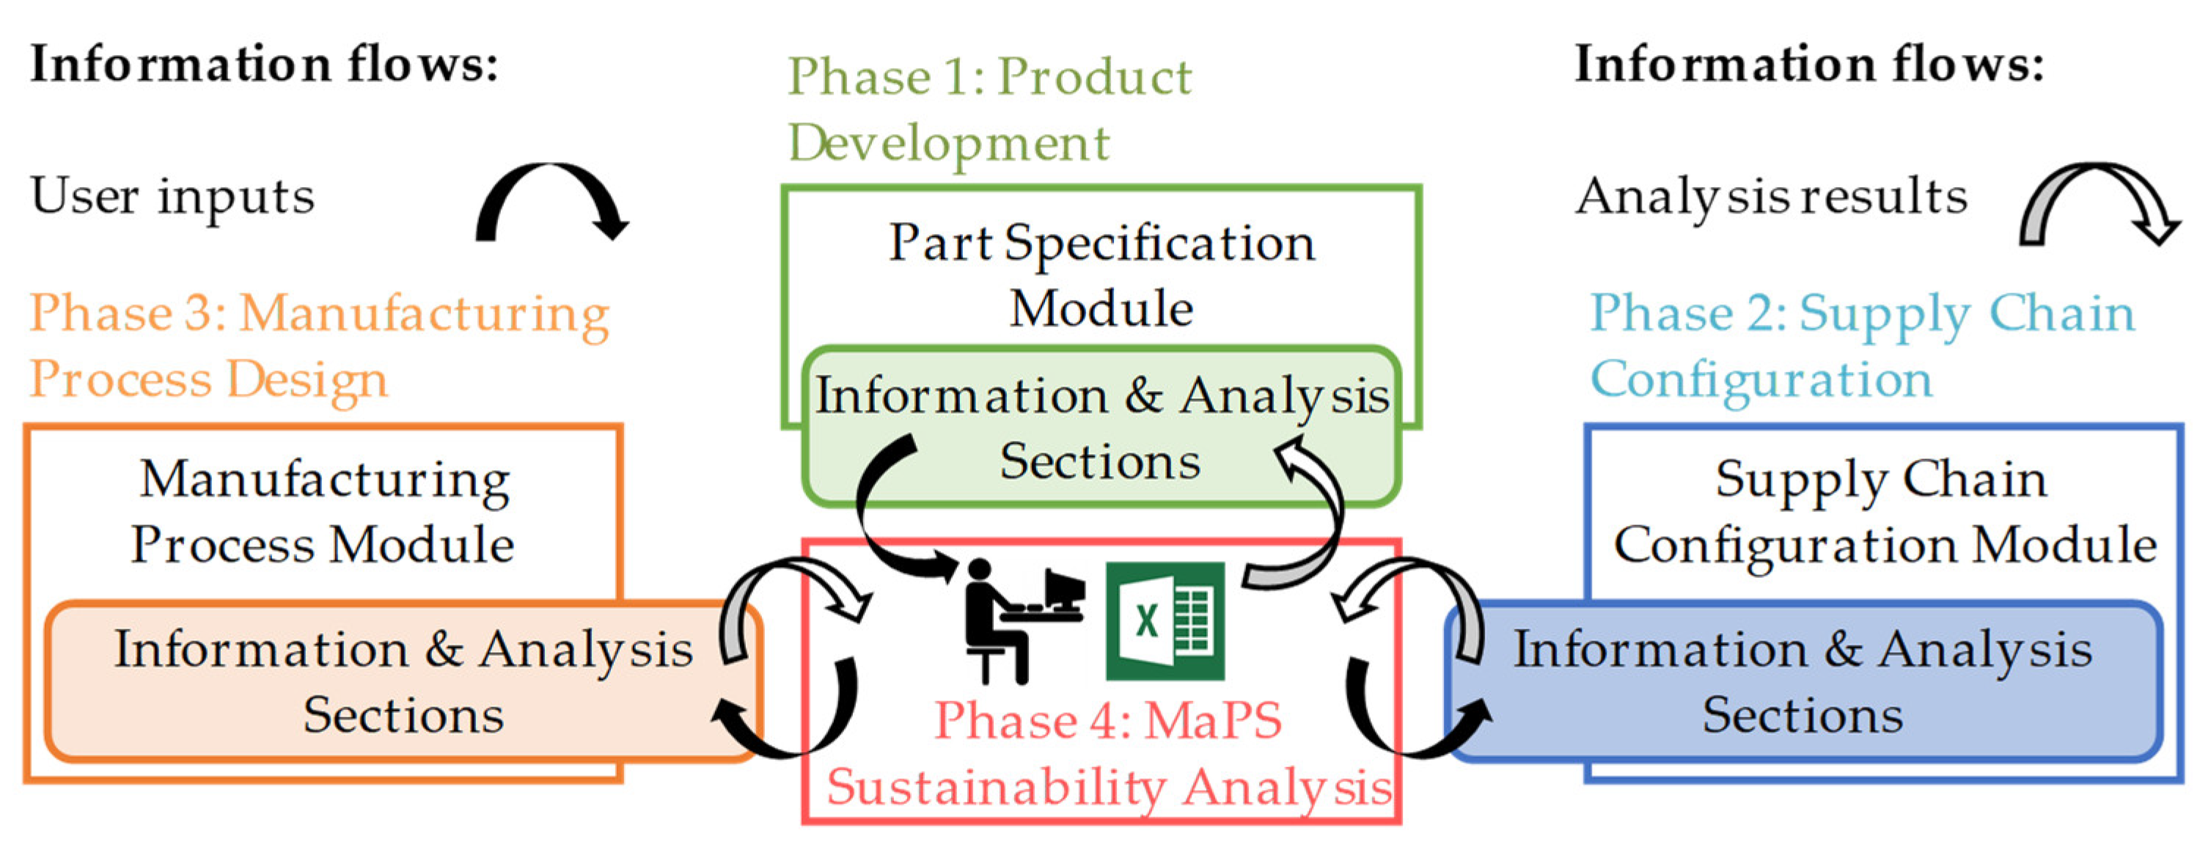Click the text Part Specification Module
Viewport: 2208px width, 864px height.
coord(1101,274)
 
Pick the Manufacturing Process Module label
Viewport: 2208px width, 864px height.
coord(323,511)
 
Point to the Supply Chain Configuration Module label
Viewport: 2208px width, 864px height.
coord(1884,511)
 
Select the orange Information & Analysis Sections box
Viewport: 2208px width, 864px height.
coord(403,681)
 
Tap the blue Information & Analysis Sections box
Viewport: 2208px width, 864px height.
coord(1803,681)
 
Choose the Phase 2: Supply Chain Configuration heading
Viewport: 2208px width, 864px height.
coord(1862,345)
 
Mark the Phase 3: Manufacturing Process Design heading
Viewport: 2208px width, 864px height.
coord(319,345)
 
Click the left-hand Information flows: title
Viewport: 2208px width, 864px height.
coord(264,65)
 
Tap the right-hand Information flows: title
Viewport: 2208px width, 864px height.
coord(1808,65)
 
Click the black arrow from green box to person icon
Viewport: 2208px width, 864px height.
coord(874,514)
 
